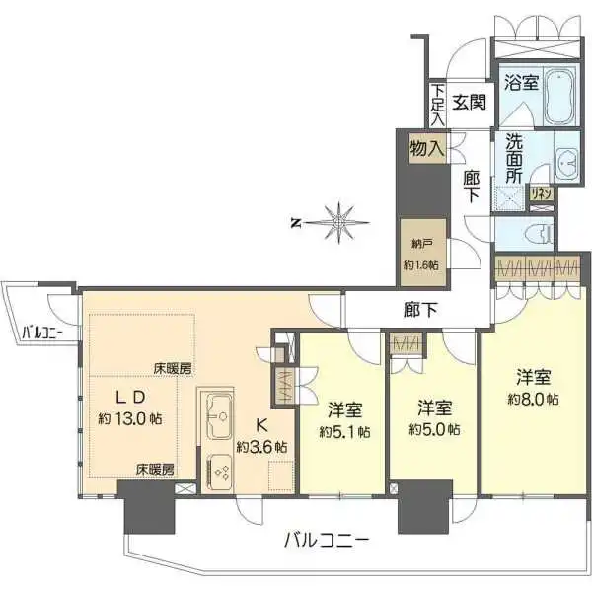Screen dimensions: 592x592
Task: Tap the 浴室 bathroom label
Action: coord(521,83)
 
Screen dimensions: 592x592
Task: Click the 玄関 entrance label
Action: coord(470,101)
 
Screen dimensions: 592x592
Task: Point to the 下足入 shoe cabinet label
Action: coord(437,103)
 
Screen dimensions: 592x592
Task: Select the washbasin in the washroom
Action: coord(566,162)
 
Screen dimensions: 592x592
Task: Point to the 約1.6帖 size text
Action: coord(420,264)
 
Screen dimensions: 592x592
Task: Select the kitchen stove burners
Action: coord(219,470)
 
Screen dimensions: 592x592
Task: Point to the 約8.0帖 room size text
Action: coord(533,399)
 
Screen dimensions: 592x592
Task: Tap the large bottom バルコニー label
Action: coord(327,540)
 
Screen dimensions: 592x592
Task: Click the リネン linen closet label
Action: coord(541,194)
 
